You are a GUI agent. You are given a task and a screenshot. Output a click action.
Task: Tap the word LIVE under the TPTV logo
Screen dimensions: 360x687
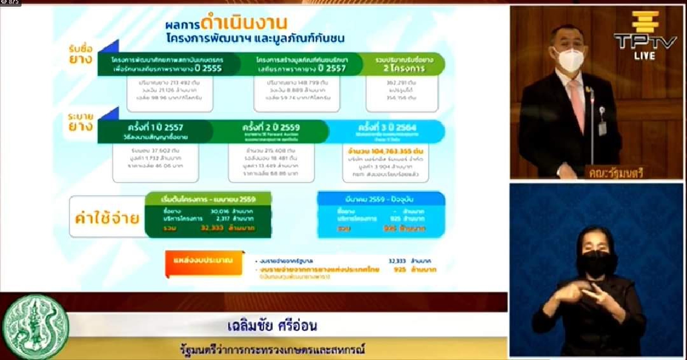tap(645, 56)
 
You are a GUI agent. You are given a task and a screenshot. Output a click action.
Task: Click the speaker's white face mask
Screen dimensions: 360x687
tap(570, 60)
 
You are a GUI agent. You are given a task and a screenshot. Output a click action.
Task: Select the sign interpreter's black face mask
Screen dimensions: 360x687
tap(596, 263)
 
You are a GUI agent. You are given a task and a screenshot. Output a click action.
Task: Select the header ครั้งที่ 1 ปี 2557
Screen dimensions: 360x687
tap(155, 127)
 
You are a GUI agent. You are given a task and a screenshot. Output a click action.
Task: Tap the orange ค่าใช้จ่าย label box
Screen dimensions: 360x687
tap(107, 217)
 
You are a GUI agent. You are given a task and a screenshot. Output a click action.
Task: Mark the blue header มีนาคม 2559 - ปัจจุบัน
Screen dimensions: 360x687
tap(381, 199)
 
